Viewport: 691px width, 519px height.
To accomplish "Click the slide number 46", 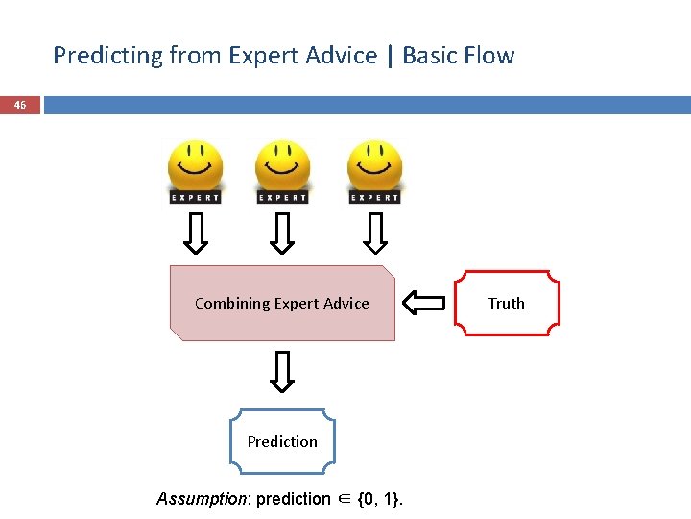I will coord(20,105).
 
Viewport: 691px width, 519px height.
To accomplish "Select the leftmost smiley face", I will coord(195,166).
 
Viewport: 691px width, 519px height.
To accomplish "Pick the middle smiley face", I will coord(282,166).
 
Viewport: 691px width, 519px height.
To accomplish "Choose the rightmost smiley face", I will coord(374,166).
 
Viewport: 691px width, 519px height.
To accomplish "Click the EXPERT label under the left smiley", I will coord(195,198).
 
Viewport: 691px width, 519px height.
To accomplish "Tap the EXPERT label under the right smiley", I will coord(374,198).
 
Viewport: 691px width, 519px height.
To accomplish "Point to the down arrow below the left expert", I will coord(196,233).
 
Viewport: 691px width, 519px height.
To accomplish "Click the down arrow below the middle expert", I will coord(282,233).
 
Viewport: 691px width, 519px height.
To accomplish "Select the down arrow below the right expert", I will coord(375,233).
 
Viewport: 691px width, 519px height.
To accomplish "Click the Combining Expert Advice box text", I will coord(282,304).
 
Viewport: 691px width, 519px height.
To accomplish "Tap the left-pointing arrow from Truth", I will coord(423,304).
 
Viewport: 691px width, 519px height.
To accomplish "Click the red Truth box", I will coord(506,304).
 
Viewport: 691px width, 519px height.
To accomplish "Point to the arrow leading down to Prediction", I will coord(282,372).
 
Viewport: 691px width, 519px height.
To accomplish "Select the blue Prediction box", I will coord(282,442).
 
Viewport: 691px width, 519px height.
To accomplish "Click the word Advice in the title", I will coord(342,56).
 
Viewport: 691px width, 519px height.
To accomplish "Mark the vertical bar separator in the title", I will coord(390,56).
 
